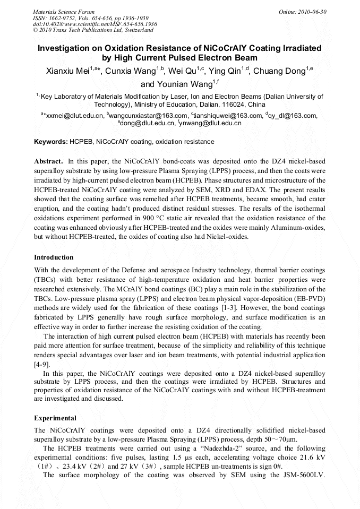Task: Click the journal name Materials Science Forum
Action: click(x=64, y=12)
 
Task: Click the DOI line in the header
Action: click(x=95, y=24)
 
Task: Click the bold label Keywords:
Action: click(x=51, y=142)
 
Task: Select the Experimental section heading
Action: click(x=55, y=418)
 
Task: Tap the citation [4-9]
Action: click(x=42, y=364)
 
